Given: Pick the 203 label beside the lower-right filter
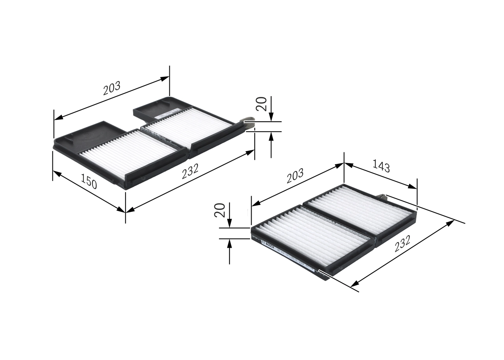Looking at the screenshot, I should pos(295,176).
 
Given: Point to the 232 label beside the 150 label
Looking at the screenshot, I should pos(190,171).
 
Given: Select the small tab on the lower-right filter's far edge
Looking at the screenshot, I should pos(382,197).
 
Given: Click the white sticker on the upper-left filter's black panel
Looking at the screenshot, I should pos(162,115).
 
